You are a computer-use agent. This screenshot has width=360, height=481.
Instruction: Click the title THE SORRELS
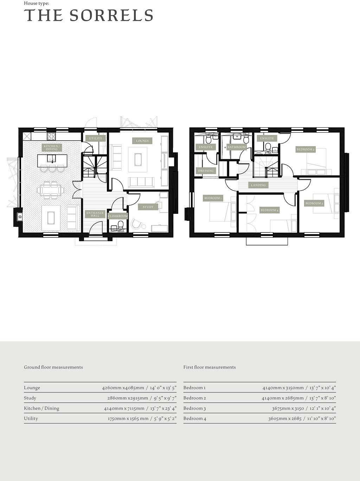(x=89, y=16)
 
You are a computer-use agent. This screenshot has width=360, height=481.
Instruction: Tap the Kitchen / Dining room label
(x=52, y=148)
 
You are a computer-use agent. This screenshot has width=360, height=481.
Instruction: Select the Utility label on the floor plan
(x=95, y=139)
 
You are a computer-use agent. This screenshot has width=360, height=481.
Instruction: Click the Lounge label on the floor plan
(x=142, y=141)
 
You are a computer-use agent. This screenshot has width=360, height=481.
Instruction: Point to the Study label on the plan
(x=148, y=207)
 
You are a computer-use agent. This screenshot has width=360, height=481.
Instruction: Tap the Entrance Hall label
(x=95, y=214)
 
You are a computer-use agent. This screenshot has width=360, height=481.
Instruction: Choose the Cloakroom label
(x=118, y=216)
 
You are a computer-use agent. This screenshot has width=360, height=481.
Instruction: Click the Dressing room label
(x=206, y=171)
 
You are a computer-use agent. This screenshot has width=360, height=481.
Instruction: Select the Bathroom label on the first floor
(x=236, y=147)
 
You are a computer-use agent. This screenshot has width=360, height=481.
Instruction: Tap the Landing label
(x=258, y=185)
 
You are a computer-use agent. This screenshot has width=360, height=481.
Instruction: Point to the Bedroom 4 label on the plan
(x=269, y=210)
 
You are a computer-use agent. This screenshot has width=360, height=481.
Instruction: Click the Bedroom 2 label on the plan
(x=305, y=150)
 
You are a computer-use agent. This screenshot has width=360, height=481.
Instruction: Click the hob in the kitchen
(x=51, y=136)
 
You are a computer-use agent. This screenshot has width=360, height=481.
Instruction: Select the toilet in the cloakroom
(x=121, y=224)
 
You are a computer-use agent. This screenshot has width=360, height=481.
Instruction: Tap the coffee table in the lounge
(x=137, y=159)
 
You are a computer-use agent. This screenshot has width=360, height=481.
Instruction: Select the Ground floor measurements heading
(x=53, y=367)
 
